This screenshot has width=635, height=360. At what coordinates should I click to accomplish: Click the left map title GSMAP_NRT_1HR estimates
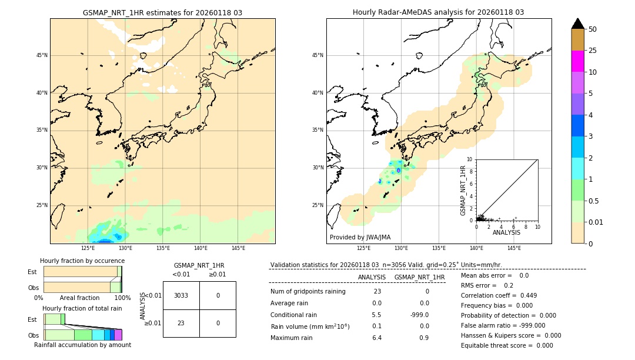point(162,12)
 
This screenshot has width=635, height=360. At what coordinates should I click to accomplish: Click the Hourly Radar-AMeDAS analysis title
point(439,12)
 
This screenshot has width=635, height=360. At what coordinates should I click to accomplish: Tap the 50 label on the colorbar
point(593,29)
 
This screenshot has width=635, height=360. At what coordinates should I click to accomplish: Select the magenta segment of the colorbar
point(577,61)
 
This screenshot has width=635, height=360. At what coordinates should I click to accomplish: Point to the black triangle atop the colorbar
point(577,24)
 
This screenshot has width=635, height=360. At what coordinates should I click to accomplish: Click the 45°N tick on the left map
point(42,55)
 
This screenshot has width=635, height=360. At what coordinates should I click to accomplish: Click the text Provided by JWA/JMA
point(360,237)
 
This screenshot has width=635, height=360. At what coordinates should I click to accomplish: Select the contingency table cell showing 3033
point(181,295)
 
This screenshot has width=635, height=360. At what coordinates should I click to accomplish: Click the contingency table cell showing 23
point(181,323)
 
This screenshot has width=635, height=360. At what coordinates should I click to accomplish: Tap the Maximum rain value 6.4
point(377,338)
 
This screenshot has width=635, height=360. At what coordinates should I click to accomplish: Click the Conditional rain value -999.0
point(419,315)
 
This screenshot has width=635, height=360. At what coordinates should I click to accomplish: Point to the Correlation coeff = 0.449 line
point(499,295)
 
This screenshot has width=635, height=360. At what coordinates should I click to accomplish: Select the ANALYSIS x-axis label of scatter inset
point(506,232)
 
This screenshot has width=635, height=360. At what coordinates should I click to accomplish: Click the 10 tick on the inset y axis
point(470,159)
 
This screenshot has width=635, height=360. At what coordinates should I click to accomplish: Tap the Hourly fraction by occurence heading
point(82,261)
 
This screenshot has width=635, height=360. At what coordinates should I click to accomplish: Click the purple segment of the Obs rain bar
point(118,335)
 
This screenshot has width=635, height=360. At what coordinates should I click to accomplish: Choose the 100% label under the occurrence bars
point(122,298)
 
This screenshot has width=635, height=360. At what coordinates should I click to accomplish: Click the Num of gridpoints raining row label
point(308,291)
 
